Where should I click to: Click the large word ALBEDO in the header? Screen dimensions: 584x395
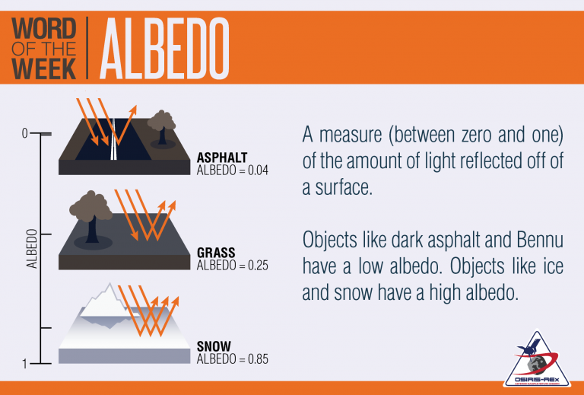click(x=164, y=48)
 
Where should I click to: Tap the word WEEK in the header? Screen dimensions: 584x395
click(x=44, y=68)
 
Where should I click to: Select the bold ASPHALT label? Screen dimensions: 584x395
click(x=222, y=158)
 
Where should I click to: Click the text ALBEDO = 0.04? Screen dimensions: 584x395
click(x=233, y=170)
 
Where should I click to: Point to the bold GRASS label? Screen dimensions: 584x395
click(x=216, y=253)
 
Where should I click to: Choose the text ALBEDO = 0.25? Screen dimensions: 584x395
click(x=233, y=266)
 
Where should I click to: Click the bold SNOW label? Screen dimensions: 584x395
click(x=214, y=346)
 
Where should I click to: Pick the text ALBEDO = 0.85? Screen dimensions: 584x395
click(x=233, y=359)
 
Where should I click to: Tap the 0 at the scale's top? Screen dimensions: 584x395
click(x=24, y=133)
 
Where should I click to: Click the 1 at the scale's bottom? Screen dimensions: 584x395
click(x=25, y=364)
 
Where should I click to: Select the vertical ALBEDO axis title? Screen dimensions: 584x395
click(x=32, y=249)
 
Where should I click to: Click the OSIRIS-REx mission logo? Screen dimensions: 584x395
click(x=537, y=358)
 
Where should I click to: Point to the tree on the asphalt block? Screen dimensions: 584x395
click(x=162, y=126)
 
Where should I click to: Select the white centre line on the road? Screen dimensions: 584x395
click(x=113, y=139)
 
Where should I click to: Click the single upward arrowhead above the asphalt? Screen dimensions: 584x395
click(x=133, y=109)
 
